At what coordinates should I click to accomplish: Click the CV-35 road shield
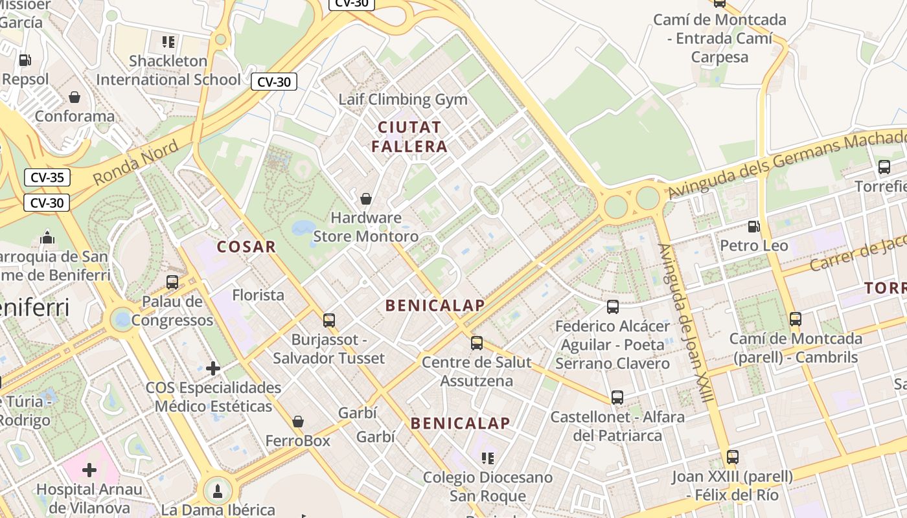click(47, 177)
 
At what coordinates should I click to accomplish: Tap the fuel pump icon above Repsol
click(25, 60)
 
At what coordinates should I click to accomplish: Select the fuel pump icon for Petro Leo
click(753, 227)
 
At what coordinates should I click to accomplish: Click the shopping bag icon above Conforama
click(75, 97)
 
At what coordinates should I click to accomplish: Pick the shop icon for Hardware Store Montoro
click(366, 199)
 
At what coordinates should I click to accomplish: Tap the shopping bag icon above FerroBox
click(298, 422)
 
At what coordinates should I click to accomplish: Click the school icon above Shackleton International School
click(168, 42)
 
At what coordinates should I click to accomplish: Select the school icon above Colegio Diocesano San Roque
click(488, 458)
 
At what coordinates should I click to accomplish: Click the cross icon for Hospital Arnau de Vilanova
click(89, 470)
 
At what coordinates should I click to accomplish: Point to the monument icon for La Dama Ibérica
click(218, 490)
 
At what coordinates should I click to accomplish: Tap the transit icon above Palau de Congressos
click(172, 282)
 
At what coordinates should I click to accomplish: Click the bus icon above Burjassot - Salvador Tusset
click(329, 320)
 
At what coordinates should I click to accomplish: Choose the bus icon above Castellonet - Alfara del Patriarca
click(617, 398)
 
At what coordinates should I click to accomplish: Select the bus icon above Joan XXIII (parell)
click(733, 457)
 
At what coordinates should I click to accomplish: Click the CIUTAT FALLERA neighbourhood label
click(409, 137)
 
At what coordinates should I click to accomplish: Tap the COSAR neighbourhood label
click(246, 247)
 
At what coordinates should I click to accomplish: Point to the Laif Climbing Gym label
click(403, 100)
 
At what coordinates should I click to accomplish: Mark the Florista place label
click(258, 295)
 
